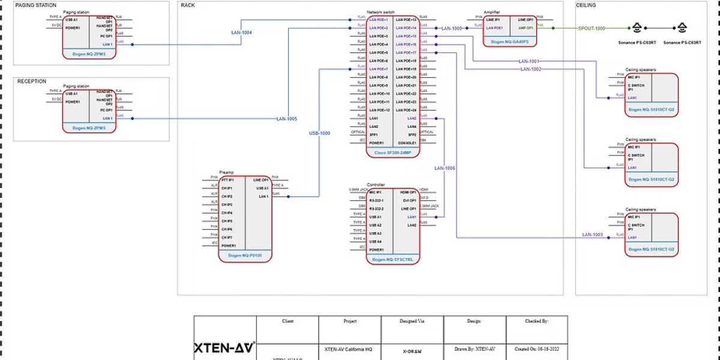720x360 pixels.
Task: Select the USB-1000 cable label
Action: [319, 133]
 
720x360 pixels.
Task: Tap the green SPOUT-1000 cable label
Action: [592, 28]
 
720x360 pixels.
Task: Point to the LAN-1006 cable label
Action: [445, 168]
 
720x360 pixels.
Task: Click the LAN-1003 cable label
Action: [592, 235]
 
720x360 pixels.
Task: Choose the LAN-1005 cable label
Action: [287, 119]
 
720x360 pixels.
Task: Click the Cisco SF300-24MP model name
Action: [393, 153]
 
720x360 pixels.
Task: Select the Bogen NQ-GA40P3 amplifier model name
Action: [509, 42]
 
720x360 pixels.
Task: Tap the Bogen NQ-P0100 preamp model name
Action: [245, 256]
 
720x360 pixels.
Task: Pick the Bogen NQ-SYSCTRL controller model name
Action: [393, 260]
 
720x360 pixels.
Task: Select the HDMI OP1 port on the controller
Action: [409, 192]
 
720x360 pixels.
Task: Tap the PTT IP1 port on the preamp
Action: [228, 179]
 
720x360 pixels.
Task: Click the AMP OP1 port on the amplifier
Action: [526, 28]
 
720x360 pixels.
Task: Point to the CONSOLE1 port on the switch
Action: [407, 143]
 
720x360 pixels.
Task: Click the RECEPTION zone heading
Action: [32, 82]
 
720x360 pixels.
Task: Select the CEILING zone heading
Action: [586, 5]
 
